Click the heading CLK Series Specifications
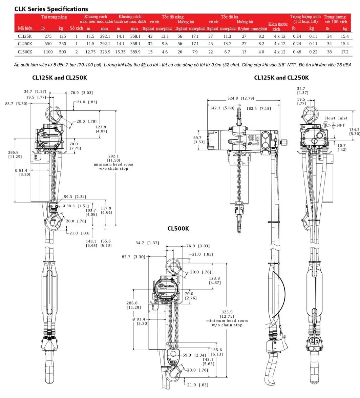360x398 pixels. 51,9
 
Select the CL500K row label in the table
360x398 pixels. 25,52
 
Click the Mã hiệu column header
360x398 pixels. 25,28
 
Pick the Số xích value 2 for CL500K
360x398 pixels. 77,52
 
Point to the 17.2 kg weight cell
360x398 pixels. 344,52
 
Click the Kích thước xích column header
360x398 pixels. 278,26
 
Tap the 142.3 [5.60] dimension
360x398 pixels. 222,108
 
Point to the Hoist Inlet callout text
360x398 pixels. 336,118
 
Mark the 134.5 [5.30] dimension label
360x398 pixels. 354,131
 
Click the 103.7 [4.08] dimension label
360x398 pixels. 90,212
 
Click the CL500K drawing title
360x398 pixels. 178,229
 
